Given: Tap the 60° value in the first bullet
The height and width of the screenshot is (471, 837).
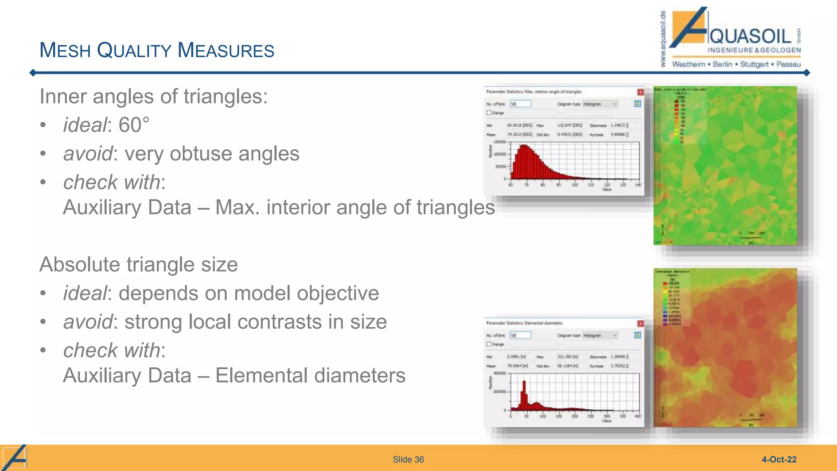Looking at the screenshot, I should coord(130,125).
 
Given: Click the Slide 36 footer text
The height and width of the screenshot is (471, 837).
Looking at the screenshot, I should coord(408,460).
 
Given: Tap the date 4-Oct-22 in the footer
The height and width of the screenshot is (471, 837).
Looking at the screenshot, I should coord(779,460).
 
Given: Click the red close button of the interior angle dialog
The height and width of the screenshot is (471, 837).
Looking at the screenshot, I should coord(640,92).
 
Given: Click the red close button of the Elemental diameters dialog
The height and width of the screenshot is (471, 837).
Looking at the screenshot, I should coord(640,323).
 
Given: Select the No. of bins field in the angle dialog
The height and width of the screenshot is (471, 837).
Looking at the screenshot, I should coord(520,104).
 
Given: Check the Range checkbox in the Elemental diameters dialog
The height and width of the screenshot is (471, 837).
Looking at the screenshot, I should coord(489,344).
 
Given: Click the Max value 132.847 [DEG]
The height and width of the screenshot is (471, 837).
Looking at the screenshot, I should coord(570,125).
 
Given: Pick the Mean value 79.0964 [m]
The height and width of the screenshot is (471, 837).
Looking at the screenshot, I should coord(517,366).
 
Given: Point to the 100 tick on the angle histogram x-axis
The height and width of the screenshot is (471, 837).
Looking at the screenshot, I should coord(575,185).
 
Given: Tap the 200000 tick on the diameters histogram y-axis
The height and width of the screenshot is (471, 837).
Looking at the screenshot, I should coord(500,392).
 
